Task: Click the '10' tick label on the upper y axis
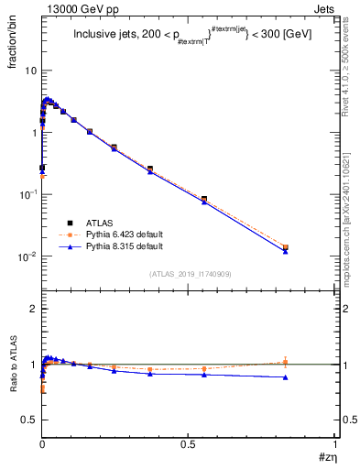point(30,71)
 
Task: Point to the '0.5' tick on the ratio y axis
point(29,420)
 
